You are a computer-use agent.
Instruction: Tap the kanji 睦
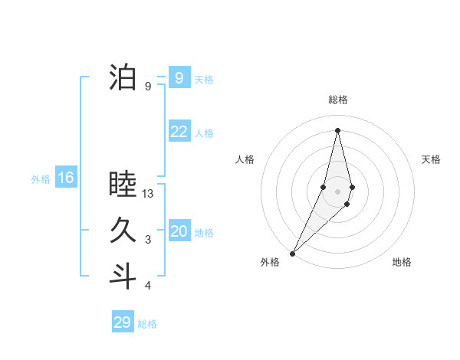[123, 185]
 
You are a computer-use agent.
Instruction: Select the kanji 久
[123, 231]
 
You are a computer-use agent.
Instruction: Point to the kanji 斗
[123, 275]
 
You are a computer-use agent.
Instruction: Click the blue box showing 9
[179, 78]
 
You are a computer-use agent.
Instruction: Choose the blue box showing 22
[179, 132]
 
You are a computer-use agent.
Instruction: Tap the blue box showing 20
[179, 231]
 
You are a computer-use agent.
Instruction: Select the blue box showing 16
[66, 178]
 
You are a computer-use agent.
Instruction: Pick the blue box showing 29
[123, 322]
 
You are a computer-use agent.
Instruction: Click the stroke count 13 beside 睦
[149, 195]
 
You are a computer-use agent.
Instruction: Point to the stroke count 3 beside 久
[148, 241]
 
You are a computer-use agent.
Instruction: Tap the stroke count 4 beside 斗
[148, 286]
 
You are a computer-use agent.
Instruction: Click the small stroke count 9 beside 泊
[148, 87]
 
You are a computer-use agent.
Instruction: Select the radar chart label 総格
[337, 100]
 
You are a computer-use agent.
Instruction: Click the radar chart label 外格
[270, 262]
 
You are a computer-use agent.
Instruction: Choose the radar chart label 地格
[402, 262]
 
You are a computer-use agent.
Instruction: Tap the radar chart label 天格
[431, 159]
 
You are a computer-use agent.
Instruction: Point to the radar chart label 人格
[245, 159]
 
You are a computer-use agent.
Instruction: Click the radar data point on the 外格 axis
[292, 253]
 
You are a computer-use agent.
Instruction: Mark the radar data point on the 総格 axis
[337, 130]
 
